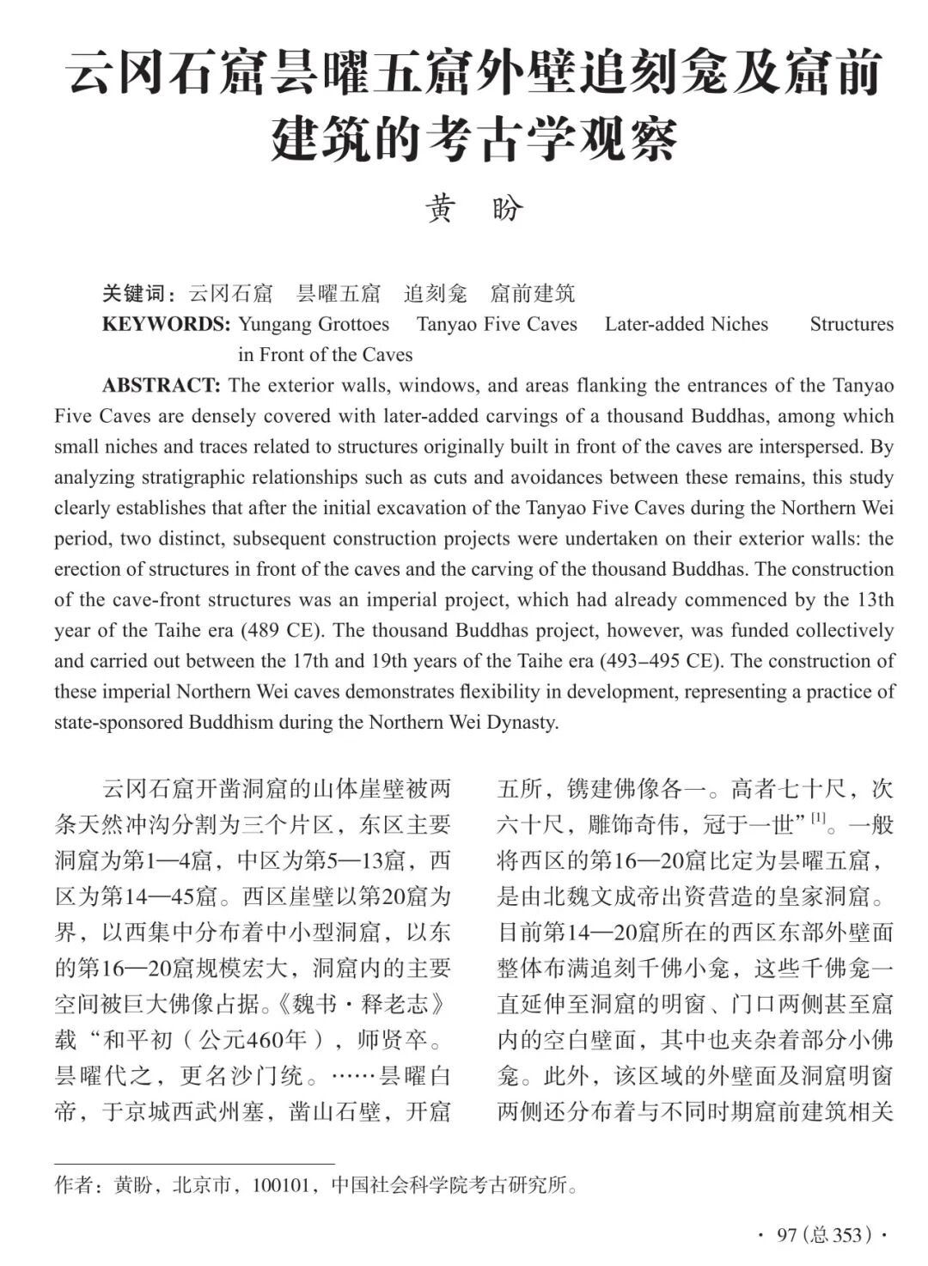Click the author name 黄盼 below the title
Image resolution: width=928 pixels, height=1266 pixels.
[x=474, y=209]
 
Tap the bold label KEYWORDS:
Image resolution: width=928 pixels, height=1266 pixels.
[x=166, y=324]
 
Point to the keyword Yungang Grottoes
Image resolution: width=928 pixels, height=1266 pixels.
[x=314, y=324]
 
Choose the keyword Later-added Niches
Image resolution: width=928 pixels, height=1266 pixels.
[x=686, y=324]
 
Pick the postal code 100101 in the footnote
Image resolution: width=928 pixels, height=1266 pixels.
[x=279, y=1186]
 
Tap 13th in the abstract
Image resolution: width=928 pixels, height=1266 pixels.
[x=874, y=599]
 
